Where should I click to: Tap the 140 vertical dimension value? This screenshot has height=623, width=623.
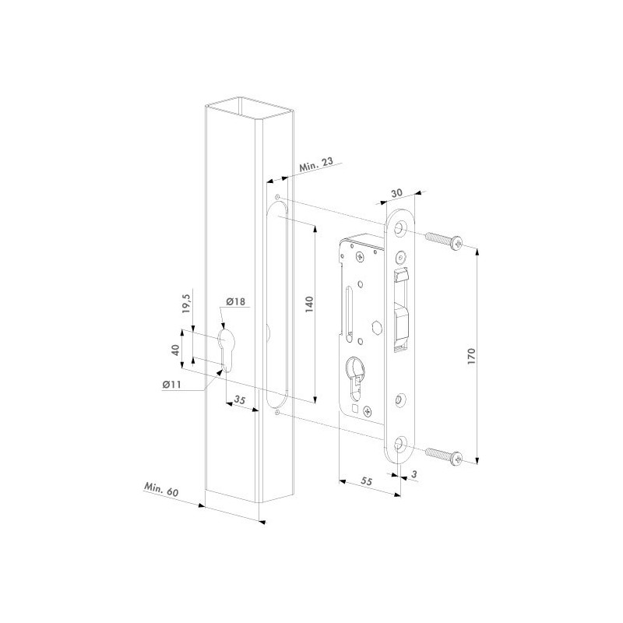tap(309, 304)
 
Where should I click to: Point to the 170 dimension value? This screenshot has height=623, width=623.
tap(471, 357)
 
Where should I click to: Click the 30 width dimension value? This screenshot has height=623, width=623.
tap(396, 193)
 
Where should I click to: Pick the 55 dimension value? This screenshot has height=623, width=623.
tap(366, 481)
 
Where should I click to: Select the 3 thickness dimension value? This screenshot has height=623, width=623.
tap(414, 474)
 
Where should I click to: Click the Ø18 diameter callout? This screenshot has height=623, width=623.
tap(236, 301)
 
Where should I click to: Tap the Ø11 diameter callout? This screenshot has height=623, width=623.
tap(171, 384)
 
